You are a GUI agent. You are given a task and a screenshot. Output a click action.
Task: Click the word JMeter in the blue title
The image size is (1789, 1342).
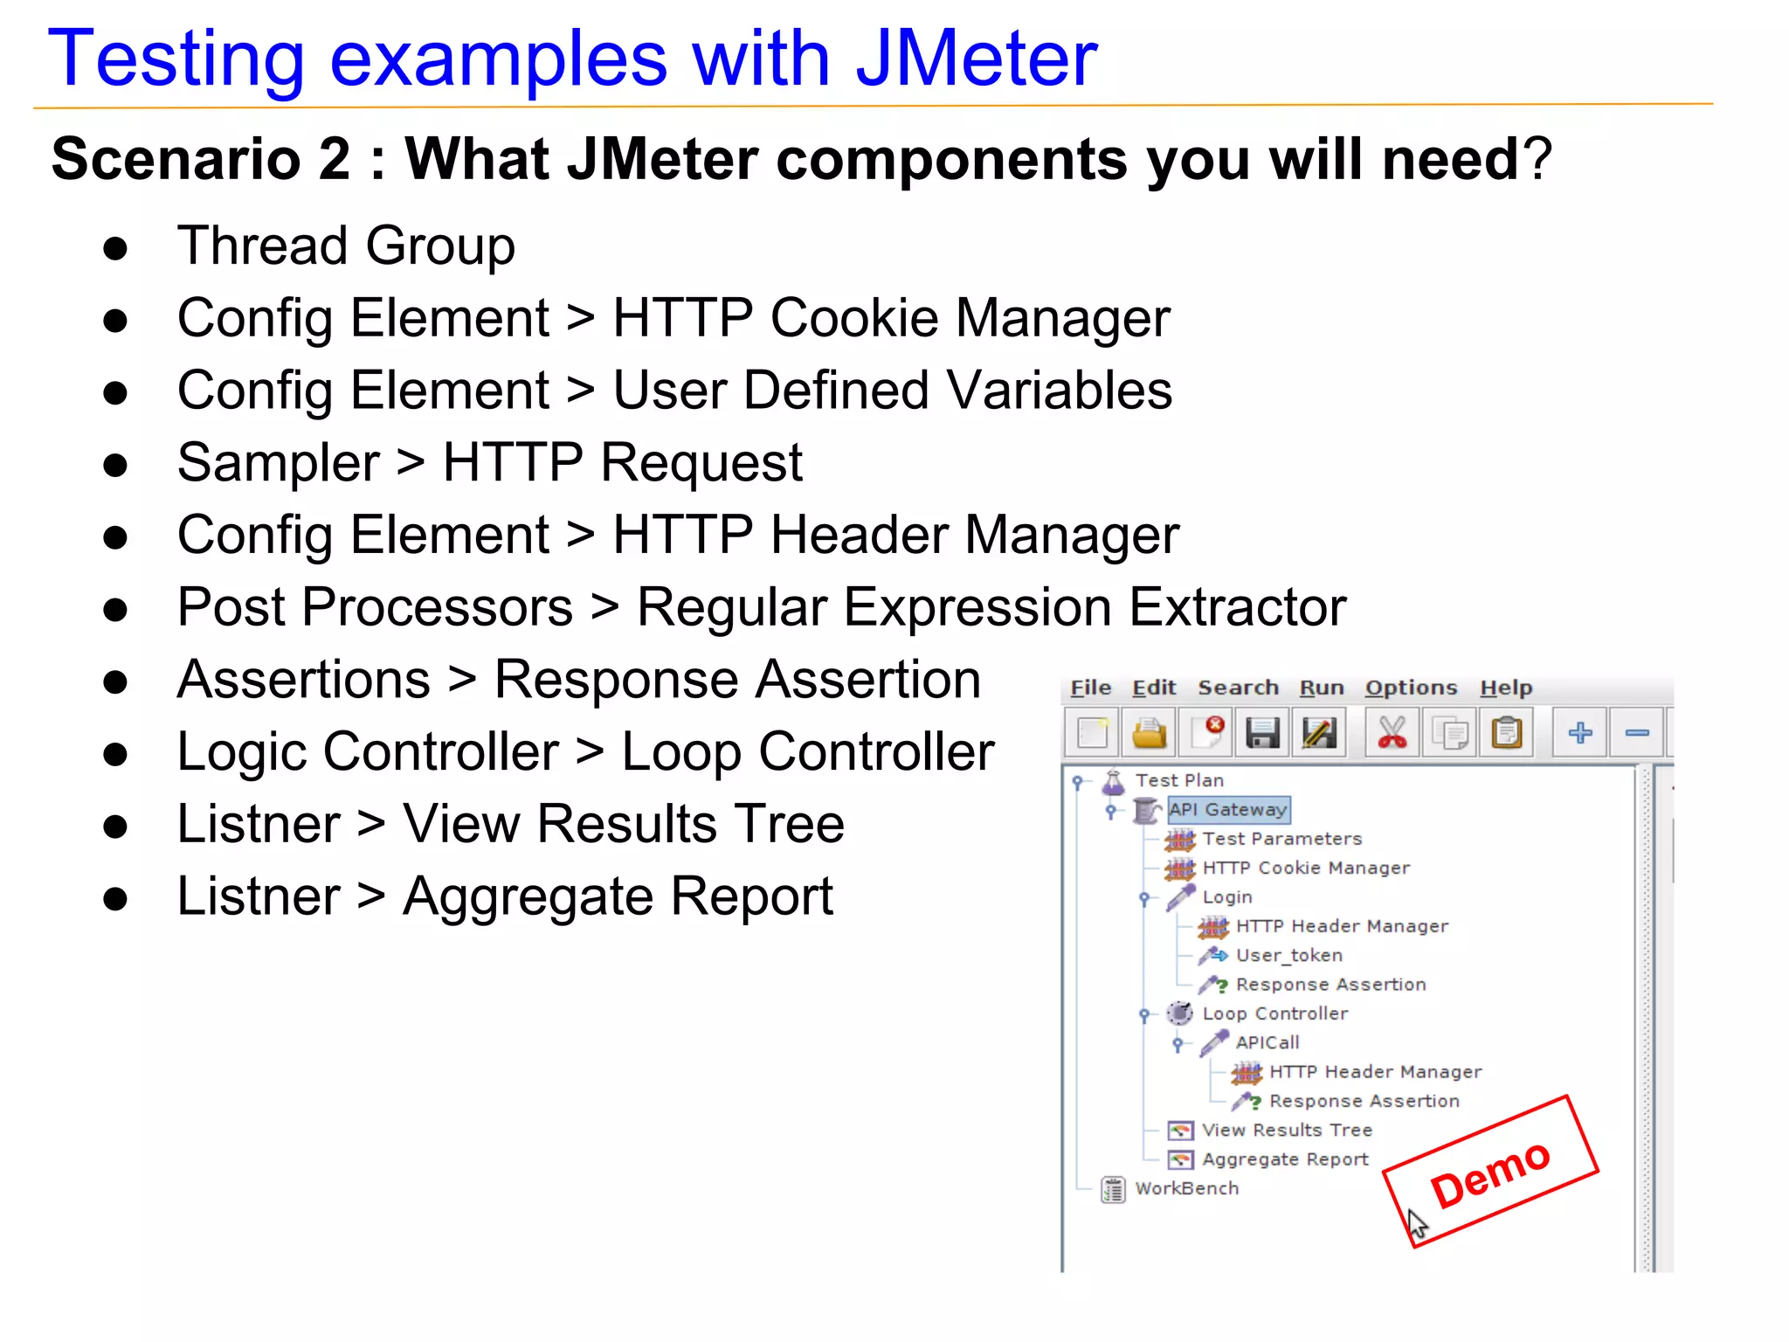coord(976,59)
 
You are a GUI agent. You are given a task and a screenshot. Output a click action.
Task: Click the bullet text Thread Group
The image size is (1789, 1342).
coord(346,246)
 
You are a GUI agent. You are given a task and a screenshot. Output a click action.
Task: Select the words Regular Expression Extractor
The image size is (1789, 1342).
coord(991,607)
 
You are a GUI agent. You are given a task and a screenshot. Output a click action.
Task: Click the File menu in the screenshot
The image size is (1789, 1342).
coord(1090,688)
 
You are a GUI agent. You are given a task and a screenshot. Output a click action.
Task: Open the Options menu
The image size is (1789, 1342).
coord(1411,688)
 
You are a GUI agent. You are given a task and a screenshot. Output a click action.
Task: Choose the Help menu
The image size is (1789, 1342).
coord(1505,688)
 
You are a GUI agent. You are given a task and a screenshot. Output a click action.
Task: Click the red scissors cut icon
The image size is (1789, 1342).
coord(1391,732)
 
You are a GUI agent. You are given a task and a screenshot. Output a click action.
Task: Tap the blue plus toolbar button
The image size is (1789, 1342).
coord(1579,732)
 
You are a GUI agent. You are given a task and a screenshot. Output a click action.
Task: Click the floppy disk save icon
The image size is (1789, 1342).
coord(1262,732)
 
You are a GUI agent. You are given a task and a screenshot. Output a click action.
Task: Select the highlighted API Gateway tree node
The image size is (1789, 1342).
coord(1227,810)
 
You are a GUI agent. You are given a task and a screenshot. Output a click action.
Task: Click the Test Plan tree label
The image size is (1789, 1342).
coord(1178,780)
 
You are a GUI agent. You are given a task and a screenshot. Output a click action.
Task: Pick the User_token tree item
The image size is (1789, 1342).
coord(1288,956)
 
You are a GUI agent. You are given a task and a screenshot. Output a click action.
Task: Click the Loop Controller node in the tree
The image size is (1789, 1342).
coord(1274,1013)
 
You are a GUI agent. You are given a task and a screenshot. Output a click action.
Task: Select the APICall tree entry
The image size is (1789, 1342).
coord(1267,1042)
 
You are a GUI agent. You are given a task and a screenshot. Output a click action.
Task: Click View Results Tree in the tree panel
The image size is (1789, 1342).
coord(1286,1131)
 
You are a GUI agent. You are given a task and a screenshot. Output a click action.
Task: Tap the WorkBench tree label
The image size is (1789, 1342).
coord(1186,1189)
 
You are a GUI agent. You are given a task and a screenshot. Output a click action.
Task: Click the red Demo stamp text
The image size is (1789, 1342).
coord(1490,1174)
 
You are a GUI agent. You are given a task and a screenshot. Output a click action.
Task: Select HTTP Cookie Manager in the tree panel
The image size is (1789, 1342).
coord(1305,868)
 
